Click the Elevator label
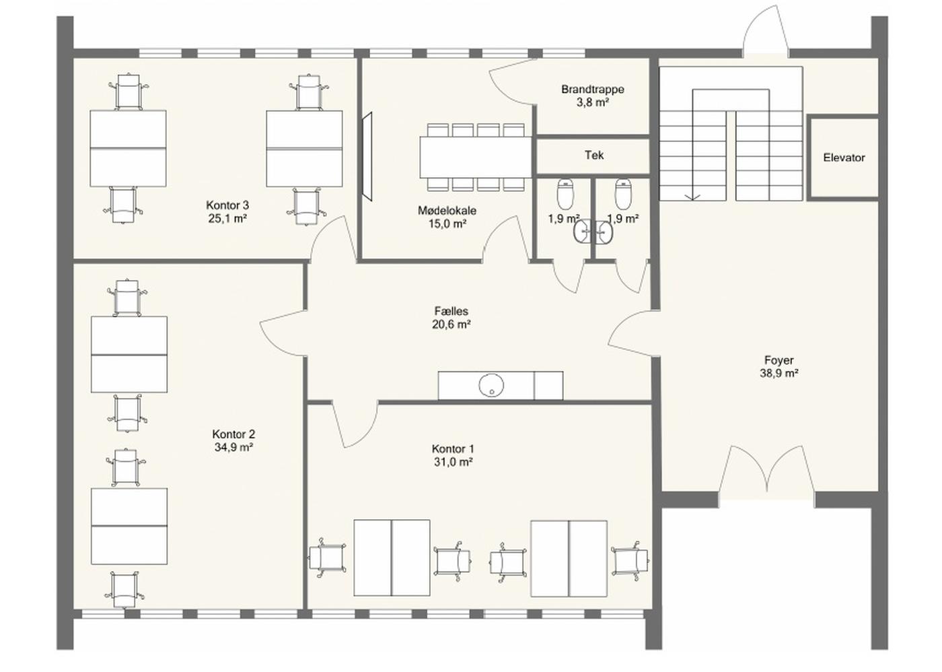click(x=844, y=158)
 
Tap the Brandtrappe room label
click(x=593, y=96)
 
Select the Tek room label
click(x=593, y=156)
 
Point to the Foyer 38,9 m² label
click(x=779, y=366)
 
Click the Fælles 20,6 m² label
click(x=451, y=318)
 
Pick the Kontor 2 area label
click(x=233, y=440)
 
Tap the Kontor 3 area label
click(x=227, y=211)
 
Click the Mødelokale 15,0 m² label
click(x=447, y=217)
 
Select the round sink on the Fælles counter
click(x=491, y=384)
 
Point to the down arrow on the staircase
click(x=692, y=197)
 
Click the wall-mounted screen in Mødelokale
click(x=367, y=156)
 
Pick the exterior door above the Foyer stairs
click(x=766, y=30)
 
